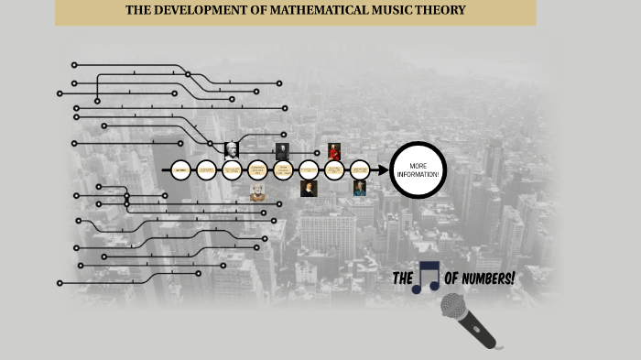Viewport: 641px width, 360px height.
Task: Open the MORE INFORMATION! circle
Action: coord(418,169)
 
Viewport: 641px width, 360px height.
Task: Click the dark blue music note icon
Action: coord(426,278)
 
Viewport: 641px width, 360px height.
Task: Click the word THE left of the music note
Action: coord(402,278)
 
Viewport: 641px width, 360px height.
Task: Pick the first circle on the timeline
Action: coord(180,170)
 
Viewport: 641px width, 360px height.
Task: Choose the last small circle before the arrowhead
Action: coord(360,170)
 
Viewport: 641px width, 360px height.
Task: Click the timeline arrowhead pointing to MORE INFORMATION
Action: coord(382,170)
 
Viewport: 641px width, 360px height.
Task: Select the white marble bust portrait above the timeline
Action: coord(232,149)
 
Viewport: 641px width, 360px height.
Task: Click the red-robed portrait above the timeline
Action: coord(334,151)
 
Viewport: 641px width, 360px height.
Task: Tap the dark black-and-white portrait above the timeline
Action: coord(282,151)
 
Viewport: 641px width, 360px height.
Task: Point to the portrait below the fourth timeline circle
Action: coord(257,192)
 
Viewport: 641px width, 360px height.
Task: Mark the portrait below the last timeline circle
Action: coord(360,189)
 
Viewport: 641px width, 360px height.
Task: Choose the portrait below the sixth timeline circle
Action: coord(309,189)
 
